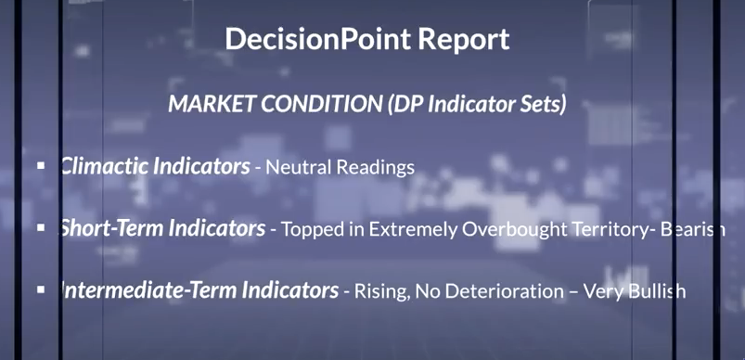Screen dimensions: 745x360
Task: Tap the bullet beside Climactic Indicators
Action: (41, 165)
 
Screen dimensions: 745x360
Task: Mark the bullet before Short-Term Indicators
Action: (41, 227)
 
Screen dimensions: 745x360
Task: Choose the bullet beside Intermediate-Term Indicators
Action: (41, 289)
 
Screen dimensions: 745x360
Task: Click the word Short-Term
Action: (111, 228)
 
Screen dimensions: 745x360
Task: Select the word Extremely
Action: (412, 229)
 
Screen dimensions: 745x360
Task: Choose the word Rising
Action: (377, 291)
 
